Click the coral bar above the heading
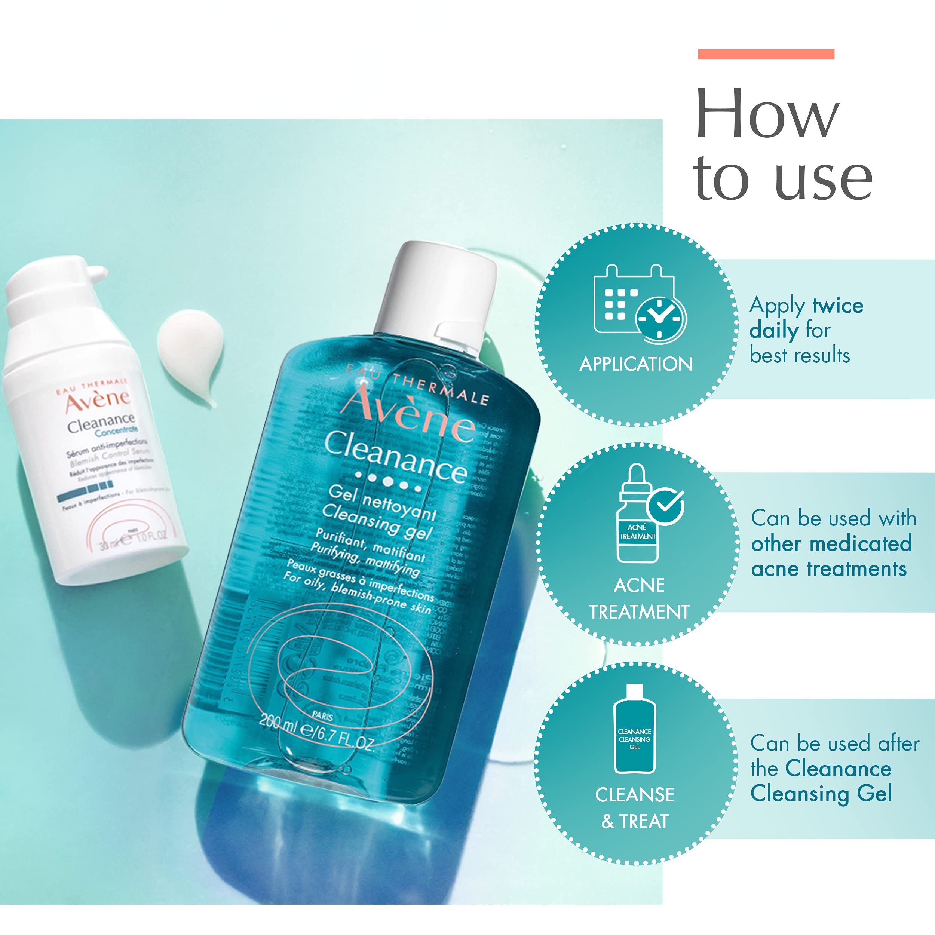coord(766,54)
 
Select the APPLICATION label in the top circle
coord(636,364)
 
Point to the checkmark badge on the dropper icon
coord(666,505)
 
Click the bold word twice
coord(838,306)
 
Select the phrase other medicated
coord(831,543)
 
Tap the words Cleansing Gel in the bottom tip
coord(821,794)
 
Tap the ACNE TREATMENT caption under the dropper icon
coord(639,599)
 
